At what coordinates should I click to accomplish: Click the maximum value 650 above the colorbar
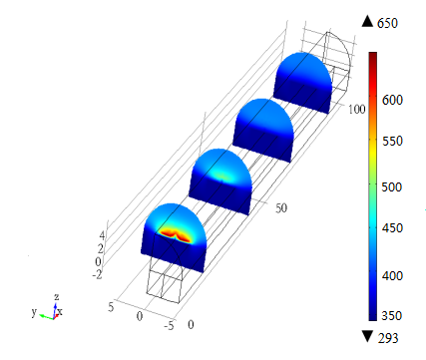pos(387,23)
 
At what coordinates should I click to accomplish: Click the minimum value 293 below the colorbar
pos(388,338)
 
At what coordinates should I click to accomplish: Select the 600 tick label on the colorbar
pos(392,100)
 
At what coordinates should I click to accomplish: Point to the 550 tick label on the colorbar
pos(392,141)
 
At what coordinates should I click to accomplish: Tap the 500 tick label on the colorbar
pos(392,186)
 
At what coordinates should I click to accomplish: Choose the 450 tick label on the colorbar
pos(392,228)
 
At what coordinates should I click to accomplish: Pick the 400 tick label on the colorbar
pos(392,275)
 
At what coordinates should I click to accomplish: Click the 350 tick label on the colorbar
pos(392,315)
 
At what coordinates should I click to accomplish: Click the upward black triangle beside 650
pos(367,22)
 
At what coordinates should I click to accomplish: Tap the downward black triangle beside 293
pos(367,336)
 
